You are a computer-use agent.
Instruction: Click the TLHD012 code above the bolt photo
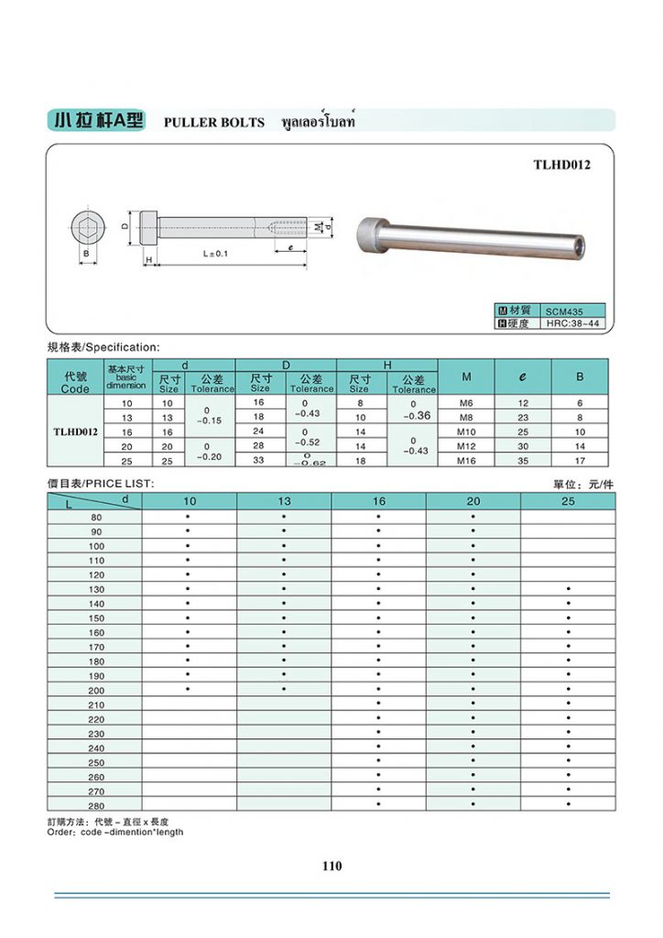pyautogui.click(x=561, y=165)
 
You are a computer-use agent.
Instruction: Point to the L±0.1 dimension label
pyautogui.click(x=215, y=253)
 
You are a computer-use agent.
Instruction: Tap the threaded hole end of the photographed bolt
pyautogui.click(x=577, y=245)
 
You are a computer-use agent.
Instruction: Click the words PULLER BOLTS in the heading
pyautogui.click(x=213, y=123)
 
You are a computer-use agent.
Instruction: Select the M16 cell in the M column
pyautogui.click(x=467, y=461)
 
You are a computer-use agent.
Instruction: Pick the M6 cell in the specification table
pyautogui.click(x=467, y=403)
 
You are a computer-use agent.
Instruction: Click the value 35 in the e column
pyautogui.click(x=523, y=461)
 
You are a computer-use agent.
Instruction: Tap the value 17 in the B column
pyautogui.click(x=580, y=461)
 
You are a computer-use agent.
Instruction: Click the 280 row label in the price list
pyautogui.click(x=96, y=804)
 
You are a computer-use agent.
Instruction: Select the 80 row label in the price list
pyautogui.click(x=96, y=518)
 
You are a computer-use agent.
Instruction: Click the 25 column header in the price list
pyautogui.click(x=568, y=501)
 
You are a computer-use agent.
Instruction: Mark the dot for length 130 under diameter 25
pyautogui.click(x=569, y=589)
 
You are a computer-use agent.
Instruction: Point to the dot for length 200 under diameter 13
pyautogui.click(x=284, y=689)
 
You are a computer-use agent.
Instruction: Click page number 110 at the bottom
pyautogui.click(x=331, y=866)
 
